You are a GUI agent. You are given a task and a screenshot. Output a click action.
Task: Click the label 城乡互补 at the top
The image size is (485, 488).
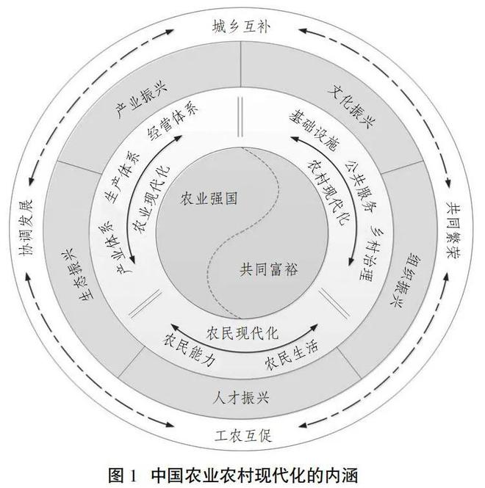tap(240, 27)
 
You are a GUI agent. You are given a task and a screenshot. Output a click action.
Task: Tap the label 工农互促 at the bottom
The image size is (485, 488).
tap(243, 435)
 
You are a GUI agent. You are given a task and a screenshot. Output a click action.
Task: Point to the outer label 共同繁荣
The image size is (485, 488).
tap(454, 230)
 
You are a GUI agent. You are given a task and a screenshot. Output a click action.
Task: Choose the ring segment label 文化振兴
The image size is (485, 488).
tap(352, 106)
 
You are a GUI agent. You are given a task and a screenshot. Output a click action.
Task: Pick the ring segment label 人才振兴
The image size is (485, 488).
tap(241, 398)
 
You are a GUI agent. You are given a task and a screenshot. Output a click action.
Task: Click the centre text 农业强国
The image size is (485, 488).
tap(209, 198)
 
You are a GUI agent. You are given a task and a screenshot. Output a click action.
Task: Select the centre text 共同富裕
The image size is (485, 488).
tap(269, 269)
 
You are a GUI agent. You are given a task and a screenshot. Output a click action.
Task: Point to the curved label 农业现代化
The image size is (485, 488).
tap(151, 199)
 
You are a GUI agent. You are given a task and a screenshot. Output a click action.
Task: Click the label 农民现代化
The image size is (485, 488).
tap(242, 333)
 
